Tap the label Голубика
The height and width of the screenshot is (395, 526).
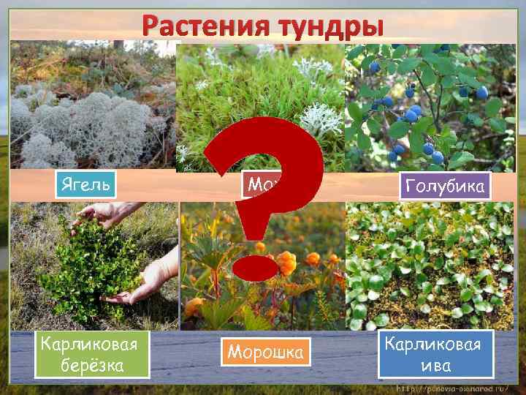click(x=446, y=186)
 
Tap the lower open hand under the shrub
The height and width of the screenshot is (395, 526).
click(x=150, y=282)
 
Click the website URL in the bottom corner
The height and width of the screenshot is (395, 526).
click(x=453, y=388)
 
